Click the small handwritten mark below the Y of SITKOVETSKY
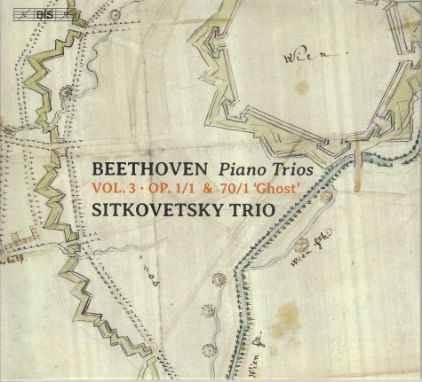pos(205,240)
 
